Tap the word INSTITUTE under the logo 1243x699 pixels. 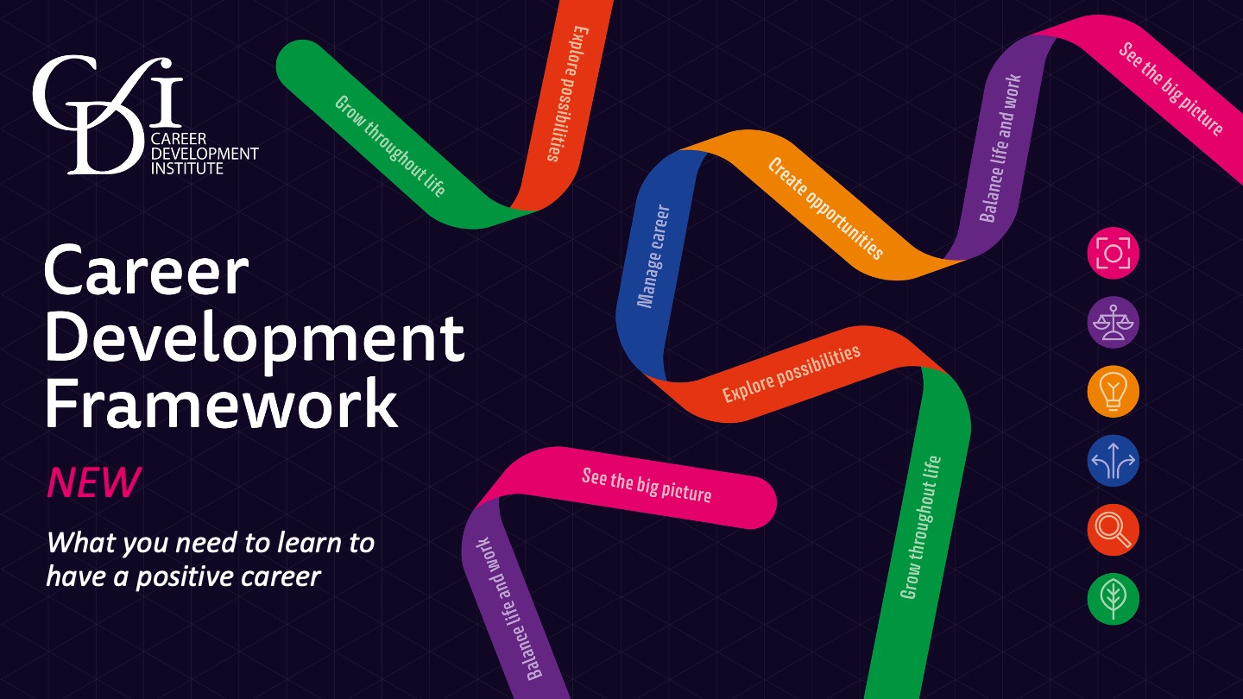[187, 168]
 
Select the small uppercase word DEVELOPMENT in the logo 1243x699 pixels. [204, 154]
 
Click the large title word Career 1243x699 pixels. [146, 272]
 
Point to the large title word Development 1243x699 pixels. [255, 338]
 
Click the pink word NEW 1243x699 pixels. [92, 483]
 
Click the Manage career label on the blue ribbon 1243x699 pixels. [653, 256]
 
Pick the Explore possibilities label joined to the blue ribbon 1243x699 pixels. [791, 375]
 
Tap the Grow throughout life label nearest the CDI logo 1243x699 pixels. [390, 147]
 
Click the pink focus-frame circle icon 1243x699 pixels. [1113, 254]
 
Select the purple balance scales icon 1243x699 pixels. [1113, 323]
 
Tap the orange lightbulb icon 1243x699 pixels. [1113, 392]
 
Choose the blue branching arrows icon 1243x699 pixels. [1113, 461]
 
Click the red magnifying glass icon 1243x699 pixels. [1113, 530]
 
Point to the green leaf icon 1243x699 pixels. [1113, 599]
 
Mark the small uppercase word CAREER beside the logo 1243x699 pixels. [178, 139]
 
